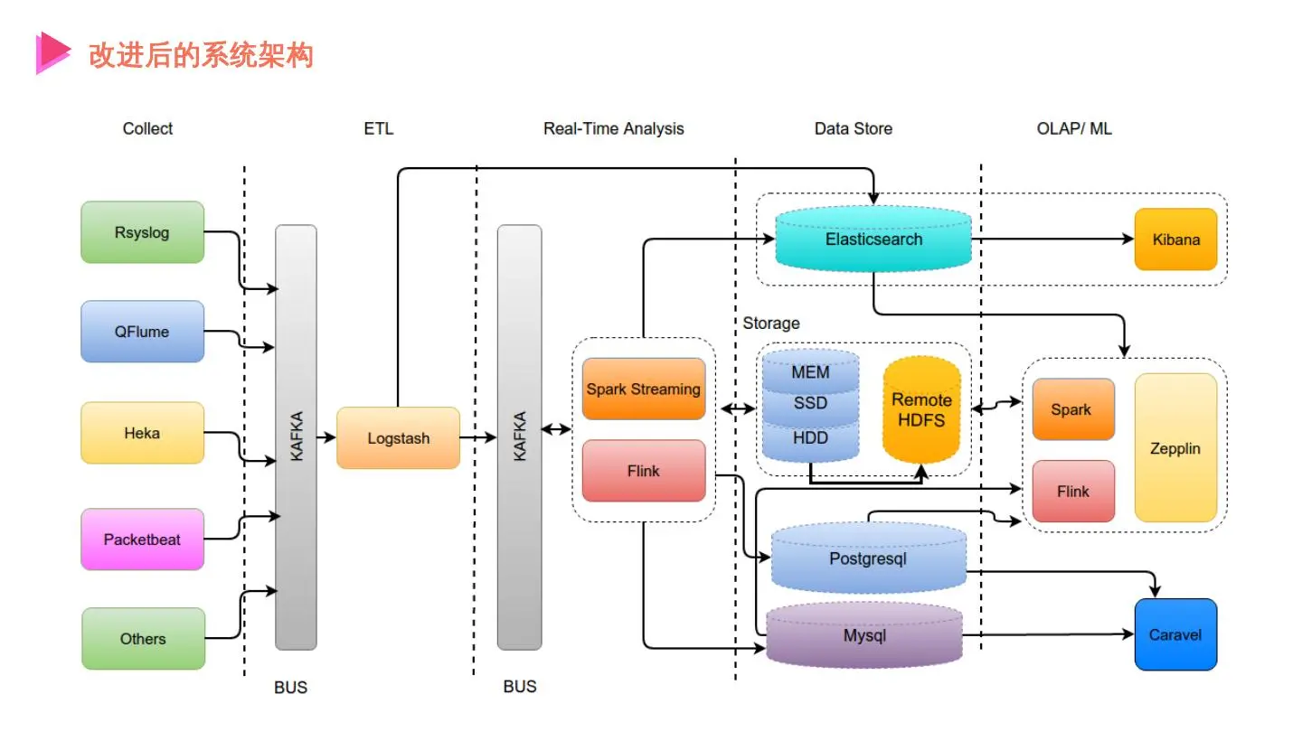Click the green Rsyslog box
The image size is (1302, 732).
tap(142, 232)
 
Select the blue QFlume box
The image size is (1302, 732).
tap(142, 332)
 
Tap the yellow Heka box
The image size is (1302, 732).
tap(142, 433)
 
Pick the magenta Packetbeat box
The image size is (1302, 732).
tap(142, 540)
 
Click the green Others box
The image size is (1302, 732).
tap(143, 639)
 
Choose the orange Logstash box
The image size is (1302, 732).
tap(398, 438)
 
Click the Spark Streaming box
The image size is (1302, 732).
tap(643, 389)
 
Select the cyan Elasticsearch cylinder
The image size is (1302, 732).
tap(873, 239)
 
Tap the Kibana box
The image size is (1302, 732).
tap(1175, 239)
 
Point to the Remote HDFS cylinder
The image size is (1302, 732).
tap(921, 411)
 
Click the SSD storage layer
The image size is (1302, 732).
tap(810, 404)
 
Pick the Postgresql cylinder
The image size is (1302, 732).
tap(868, 558)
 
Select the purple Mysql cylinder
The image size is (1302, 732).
tap(864, 636)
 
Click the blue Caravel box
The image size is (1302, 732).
tap(1175, 634)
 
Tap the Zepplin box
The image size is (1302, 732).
tap(1175, 448)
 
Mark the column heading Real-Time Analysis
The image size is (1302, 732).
tap(613, 128)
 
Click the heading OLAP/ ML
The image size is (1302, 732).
tap(1074, 128)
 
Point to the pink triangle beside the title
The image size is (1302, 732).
tap(52, 52)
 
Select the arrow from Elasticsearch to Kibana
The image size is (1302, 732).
tap(1049, 239)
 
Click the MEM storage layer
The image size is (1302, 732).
tap(810, 371)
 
